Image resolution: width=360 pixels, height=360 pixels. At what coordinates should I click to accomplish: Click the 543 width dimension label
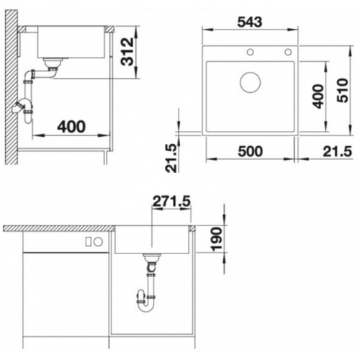[250, 22]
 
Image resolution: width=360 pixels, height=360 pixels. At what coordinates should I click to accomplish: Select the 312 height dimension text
[127, 52]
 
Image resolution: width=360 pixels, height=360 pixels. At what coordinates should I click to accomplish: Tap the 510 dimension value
[343, 90]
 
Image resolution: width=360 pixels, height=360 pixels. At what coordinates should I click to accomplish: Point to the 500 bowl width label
[251, 151]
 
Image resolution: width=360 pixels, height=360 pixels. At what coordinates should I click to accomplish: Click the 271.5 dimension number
[171, 201]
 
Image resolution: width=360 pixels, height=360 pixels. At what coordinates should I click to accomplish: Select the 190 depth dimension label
[217, 239]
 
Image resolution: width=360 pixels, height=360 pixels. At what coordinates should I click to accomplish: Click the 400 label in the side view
[71, 127]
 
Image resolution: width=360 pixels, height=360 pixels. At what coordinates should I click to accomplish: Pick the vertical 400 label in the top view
[318, 96]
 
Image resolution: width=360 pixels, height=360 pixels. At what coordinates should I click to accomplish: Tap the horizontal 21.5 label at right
[337, 151]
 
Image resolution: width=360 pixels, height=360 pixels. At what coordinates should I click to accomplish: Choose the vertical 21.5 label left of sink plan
[172, 158]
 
